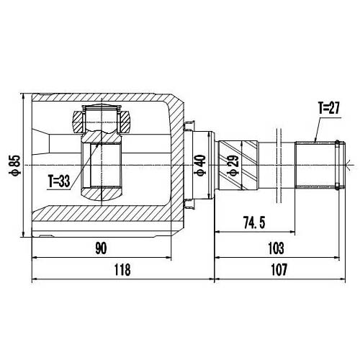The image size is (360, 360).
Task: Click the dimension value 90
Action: (x=100, y=248)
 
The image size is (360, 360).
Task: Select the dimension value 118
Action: (x=123, y=270)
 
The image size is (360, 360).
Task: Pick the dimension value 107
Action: (x=277, y=270)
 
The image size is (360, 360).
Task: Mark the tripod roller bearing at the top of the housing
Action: (x=102, y=117)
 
